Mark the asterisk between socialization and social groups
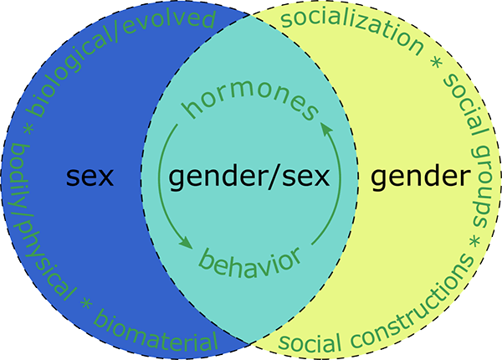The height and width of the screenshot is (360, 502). (436, 64)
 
